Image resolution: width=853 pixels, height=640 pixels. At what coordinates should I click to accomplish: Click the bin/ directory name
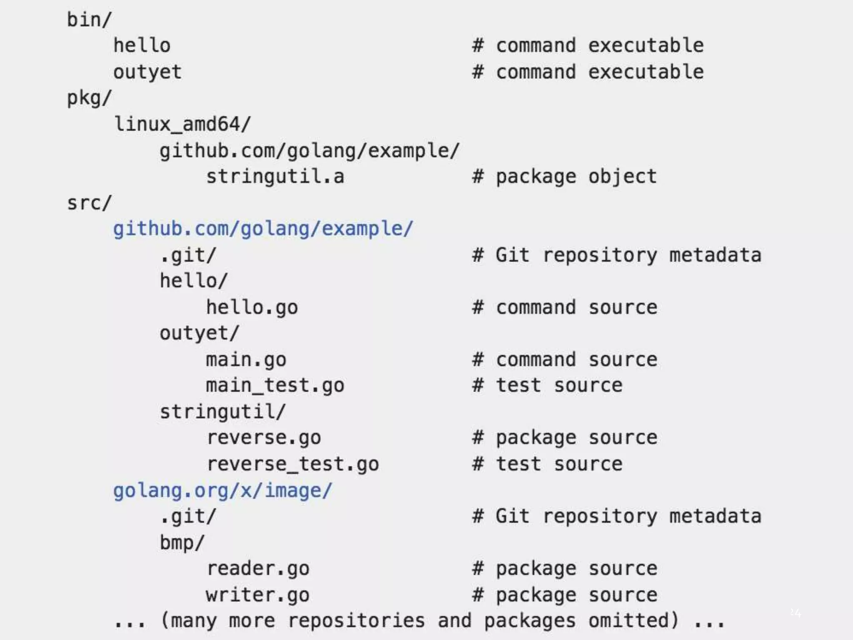(89, 20)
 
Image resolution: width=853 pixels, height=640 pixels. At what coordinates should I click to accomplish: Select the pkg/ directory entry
(89, 98)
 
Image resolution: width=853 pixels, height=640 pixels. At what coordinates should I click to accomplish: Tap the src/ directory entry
(89, 203)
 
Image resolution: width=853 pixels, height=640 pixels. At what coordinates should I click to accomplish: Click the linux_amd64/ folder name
(182, 124)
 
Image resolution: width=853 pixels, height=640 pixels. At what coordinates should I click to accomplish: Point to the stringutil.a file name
(275, 177)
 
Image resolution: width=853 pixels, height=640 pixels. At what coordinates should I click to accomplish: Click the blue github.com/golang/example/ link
(263, 229)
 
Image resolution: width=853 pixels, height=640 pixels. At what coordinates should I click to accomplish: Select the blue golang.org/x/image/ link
(222, 490)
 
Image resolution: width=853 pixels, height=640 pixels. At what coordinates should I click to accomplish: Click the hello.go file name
(252, 307)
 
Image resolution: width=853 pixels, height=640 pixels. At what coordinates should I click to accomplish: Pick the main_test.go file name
(275, 385)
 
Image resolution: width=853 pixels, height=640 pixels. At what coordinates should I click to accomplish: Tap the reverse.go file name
(264, 438)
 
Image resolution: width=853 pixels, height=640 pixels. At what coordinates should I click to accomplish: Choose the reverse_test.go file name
(293, 464)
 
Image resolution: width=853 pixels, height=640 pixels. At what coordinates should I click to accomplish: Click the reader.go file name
(258, 569)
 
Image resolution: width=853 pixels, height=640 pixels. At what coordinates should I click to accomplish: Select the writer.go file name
(257, 595)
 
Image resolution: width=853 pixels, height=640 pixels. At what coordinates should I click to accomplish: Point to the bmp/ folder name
(182, 542)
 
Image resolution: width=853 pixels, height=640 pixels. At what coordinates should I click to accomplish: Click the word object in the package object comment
(622, 177)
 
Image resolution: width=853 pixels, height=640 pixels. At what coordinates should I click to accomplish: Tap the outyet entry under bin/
(147, 72)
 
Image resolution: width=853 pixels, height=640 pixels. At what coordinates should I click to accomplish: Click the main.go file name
(246, 360)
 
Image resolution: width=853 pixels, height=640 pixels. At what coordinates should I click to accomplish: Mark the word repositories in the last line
(356, 621)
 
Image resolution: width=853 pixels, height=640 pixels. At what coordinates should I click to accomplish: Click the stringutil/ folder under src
(222, 412)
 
